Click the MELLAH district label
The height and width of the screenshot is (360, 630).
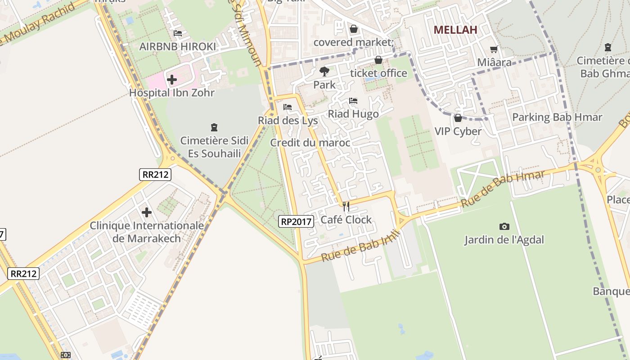(x=455, y=30)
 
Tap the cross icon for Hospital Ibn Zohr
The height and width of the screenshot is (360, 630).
(x=171, y=80)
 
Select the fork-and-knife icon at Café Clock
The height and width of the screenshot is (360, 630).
(x=346, y=207)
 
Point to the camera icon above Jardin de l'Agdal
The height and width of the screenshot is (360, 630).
(x=504, y=227)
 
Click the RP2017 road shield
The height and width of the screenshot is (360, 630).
(x=296, y=221)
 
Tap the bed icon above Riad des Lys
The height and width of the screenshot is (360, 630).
(x=288, y=108)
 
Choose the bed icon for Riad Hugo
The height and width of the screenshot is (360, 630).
(x=353, y=101)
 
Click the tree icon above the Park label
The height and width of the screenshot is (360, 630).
(x=324, y=71)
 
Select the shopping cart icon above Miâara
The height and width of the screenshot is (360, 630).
(x=494, y=49)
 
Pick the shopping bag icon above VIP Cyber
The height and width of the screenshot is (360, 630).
(x=458, y=118)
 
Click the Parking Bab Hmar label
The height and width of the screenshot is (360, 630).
(x=557, y=117)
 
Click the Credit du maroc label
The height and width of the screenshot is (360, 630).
(x=310, y=143)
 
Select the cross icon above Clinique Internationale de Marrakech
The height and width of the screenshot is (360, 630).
(x=146, y=212)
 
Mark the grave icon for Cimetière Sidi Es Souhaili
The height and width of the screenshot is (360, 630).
(x=214, y=127)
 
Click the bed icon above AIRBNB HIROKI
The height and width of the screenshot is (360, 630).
(x=177, y=33)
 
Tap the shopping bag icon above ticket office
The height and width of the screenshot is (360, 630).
(x=378, y=60)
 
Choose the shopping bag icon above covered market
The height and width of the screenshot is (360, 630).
(x=354, y=29)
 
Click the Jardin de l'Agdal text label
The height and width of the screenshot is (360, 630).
(x=504, y=240)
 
